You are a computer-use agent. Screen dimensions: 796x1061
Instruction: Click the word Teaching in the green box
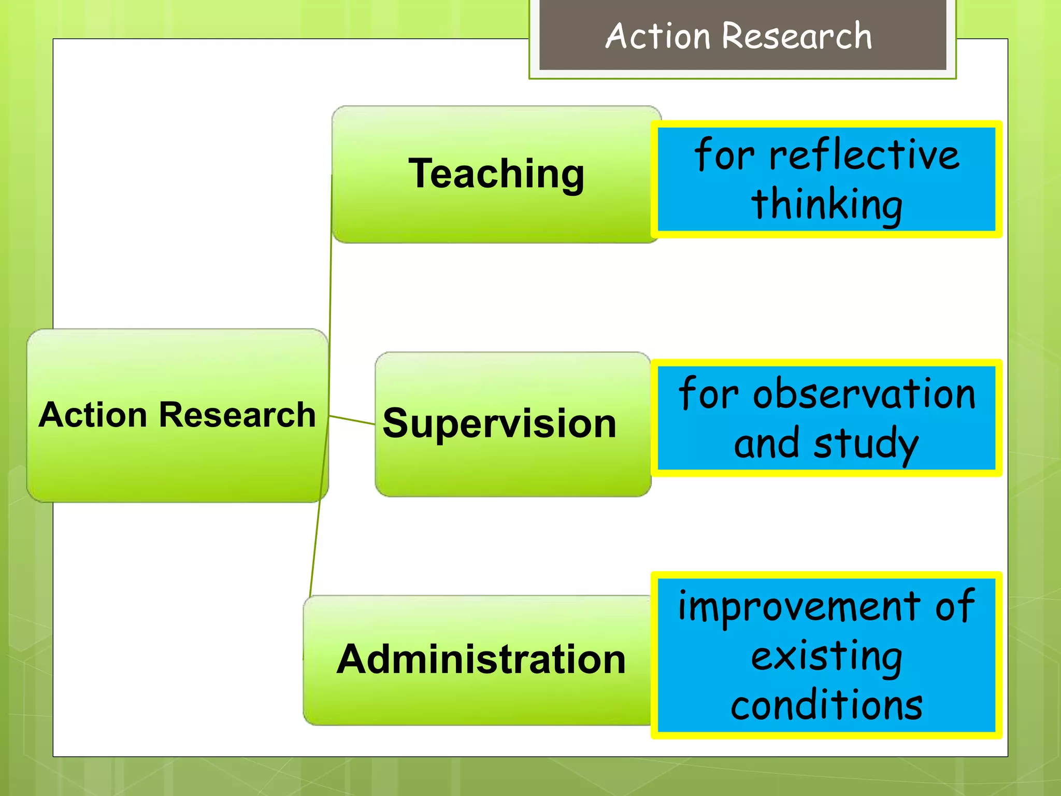pyautogui.click(x=496, y=174)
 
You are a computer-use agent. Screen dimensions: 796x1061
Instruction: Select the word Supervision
pyautogui.click(x=499, y=424)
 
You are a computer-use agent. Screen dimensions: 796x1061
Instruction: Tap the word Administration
pyautogui.click(x=481, y=659)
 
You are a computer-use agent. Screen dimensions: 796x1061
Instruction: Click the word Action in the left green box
pyautogui.click(x=93, y=415)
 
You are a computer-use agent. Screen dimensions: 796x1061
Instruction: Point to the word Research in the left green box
pyautogui.click(x=237, y=415)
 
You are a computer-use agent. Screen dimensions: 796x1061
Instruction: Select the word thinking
pyautogui.click(x=827, y=204)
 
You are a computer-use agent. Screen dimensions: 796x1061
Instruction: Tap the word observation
pyautogui.click(x=864, y=394)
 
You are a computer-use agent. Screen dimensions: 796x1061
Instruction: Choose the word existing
pyautogui.click(x=827, y=656)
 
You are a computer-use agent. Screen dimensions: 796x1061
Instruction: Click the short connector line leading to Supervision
pyautogui.click(x=352, y=420)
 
